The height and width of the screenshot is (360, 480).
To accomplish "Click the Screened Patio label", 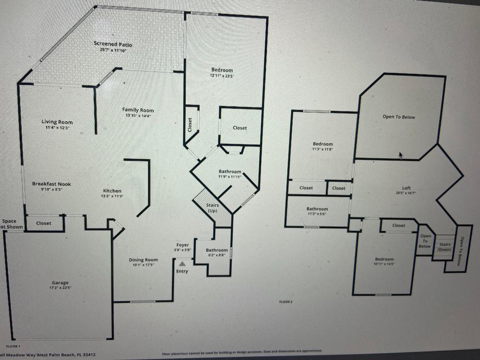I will point(113,45).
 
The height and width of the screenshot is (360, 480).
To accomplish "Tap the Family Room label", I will point(138,110).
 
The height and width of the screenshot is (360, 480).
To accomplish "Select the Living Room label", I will point(57,122).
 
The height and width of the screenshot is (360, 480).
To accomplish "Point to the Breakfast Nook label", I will point(52,184).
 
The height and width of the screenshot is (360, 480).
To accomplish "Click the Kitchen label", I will point(112,191).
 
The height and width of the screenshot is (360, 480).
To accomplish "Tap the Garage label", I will point(60,283).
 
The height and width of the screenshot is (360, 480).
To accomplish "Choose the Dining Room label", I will point(143,260).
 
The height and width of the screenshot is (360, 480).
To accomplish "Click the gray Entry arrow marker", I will point(182,264).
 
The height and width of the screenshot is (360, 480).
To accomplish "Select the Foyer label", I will point(183,245).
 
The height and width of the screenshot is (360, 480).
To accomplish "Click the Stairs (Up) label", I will point(212,208).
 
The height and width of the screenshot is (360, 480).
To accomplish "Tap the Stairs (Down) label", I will point(444,247).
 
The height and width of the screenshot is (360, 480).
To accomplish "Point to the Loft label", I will point(406,188).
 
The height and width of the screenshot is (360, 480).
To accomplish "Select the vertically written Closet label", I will point(190,125).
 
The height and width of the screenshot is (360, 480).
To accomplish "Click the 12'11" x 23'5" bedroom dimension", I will point(222,75).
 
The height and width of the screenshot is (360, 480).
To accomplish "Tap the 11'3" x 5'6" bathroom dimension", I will point(317,214).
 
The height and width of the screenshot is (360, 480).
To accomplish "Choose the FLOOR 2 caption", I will point(285,302).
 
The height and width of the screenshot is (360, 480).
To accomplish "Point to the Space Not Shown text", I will point(10,224).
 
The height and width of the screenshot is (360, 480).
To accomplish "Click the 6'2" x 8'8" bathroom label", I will point(217,255).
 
